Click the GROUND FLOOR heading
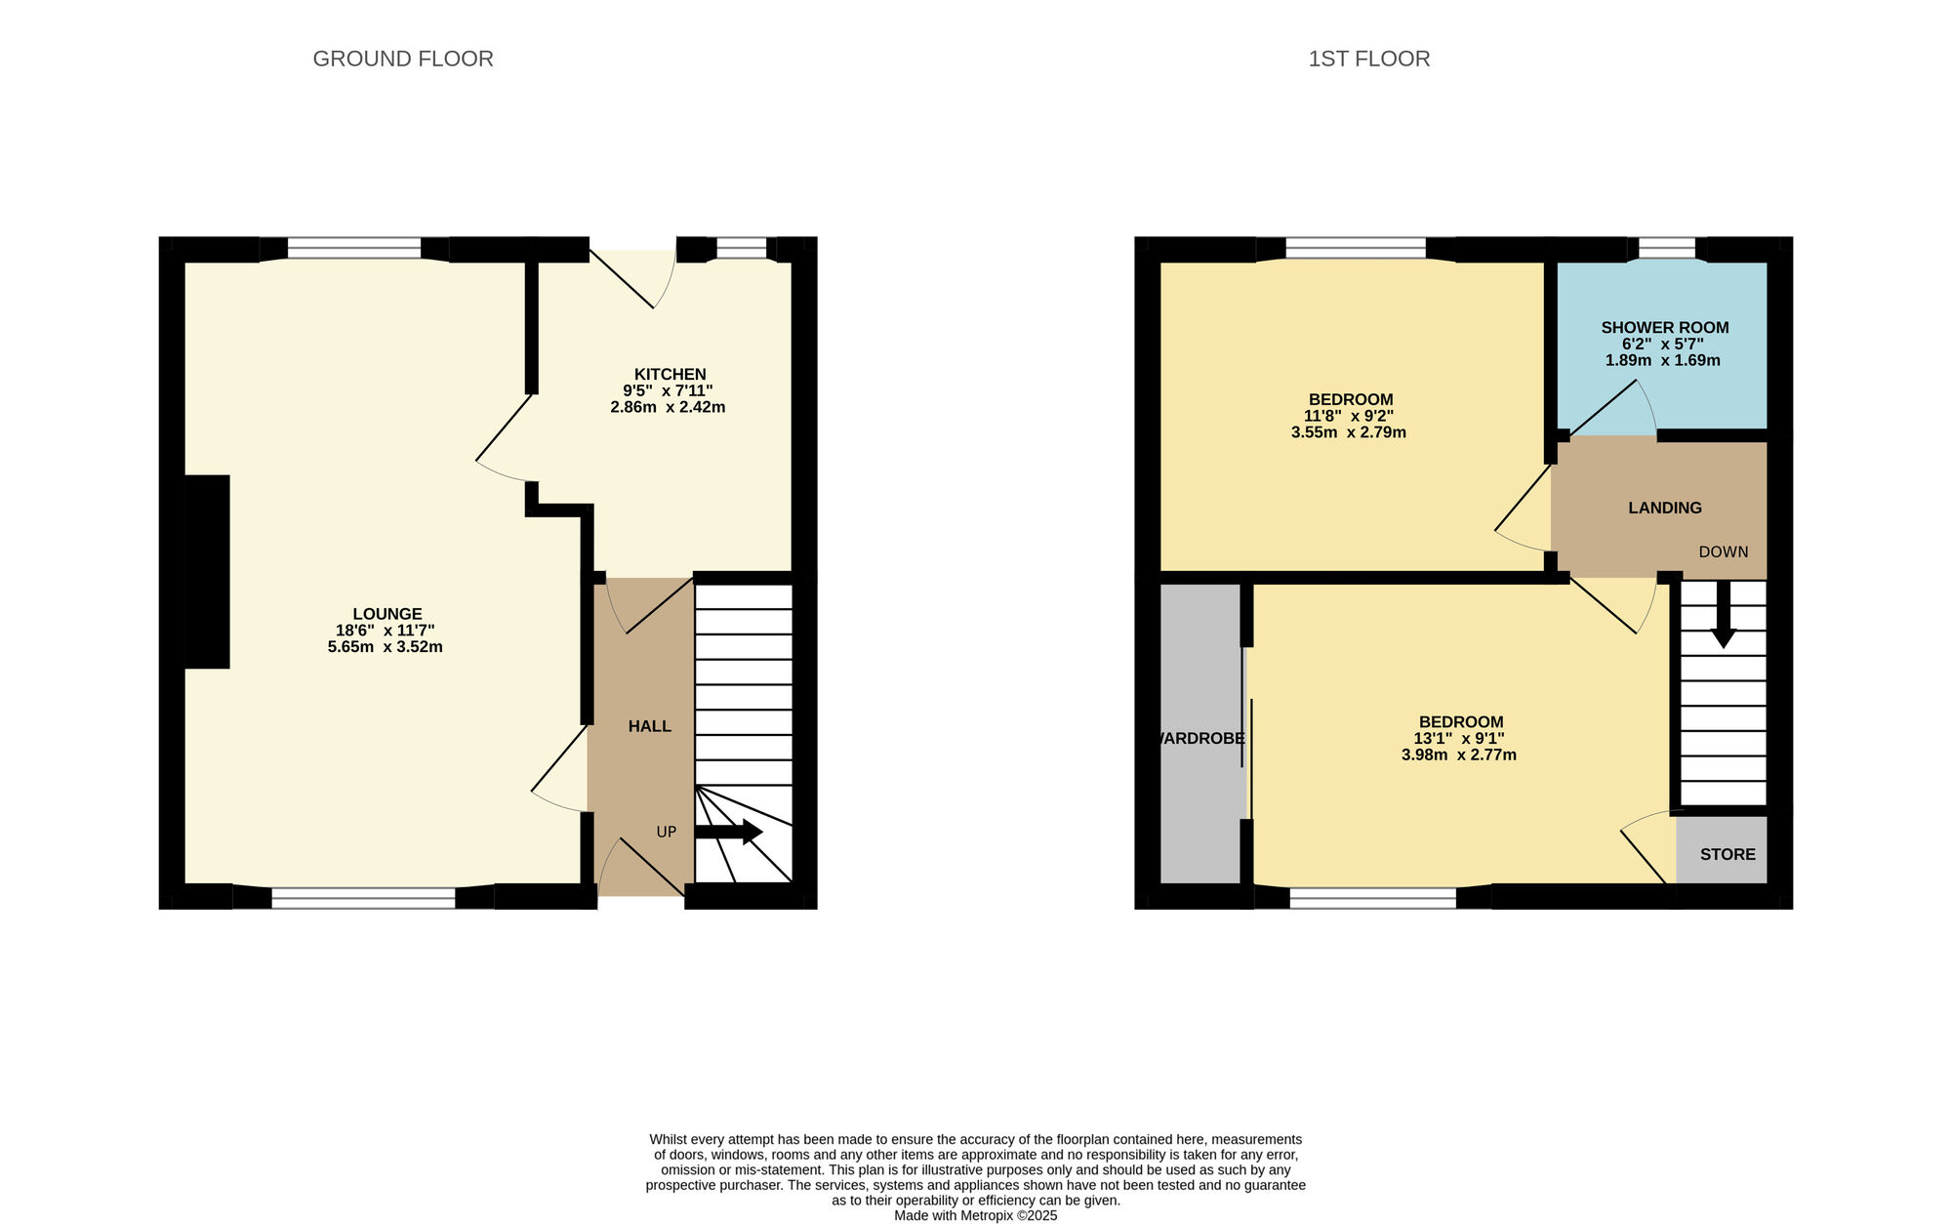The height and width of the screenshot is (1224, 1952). click(x=402, y=59)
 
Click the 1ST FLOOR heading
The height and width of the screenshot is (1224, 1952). click(x=1368, y=59)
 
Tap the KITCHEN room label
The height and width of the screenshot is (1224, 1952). click(x=670, y=374)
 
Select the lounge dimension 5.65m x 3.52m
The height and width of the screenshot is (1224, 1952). click(x=385, y=647)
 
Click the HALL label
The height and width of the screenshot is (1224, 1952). click(x=649, y=726)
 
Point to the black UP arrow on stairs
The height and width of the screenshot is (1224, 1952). click(x=727, y=832)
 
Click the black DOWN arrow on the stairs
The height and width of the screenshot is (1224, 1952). click(x=1724, y=615)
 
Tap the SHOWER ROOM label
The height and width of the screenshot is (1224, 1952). click(x=1664, y=328)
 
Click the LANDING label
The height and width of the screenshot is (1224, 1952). click(x=1664, y=508)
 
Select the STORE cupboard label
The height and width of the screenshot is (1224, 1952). click(x=1727, y=854)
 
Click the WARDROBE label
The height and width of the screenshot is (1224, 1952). click(x=1200, y=739)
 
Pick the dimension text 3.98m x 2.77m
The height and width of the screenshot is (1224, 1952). click(x=1458, y=755)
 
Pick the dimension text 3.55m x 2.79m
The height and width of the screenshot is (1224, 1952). click(x=1348, y=432)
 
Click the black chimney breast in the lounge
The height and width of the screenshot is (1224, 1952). click(x=207, y=571)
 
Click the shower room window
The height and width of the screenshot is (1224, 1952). click(x=1666, y=249)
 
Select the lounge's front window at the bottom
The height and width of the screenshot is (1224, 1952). click(x=363, y=897)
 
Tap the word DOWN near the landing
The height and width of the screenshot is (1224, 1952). click(x=1723, y=552)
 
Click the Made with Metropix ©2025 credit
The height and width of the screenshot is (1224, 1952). click(x=975, y=1215)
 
